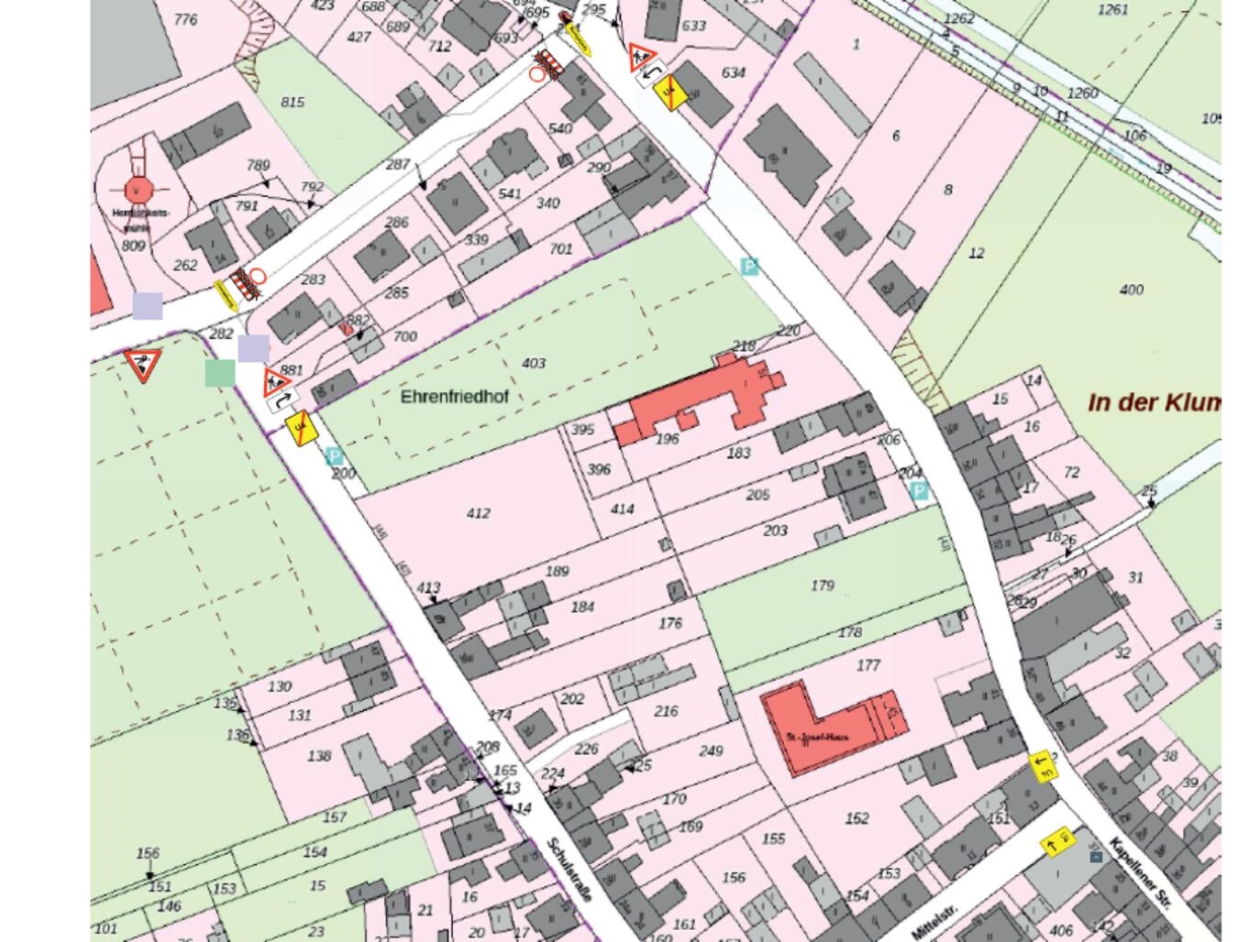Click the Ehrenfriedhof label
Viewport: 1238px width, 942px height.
pos(454,397)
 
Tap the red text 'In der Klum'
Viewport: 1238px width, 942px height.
pos(1154,402)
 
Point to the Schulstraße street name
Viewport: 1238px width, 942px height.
pos(569,870)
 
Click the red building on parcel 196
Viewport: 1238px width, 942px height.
pos(697,403)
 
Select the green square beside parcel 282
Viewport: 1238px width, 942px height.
pos(220,373)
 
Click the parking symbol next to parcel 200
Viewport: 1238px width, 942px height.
pos(335,456)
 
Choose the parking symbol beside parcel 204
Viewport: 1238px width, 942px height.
pos(918,492)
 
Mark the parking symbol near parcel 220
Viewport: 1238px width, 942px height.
pos(749,267)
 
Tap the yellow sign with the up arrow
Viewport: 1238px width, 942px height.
pos(1056,844)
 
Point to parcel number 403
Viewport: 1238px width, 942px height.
pos(534,363)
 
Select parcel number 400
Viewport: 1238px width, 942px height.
pos(1132,290)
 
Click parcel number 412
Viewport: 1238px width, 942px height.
pos(478,513)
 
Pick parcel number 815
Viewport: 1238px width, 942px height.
pos(293,102)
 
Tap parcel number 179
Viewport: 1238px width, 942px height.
pos(823,585)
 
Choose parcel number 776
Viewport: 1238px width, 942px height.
pos(185,19)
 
